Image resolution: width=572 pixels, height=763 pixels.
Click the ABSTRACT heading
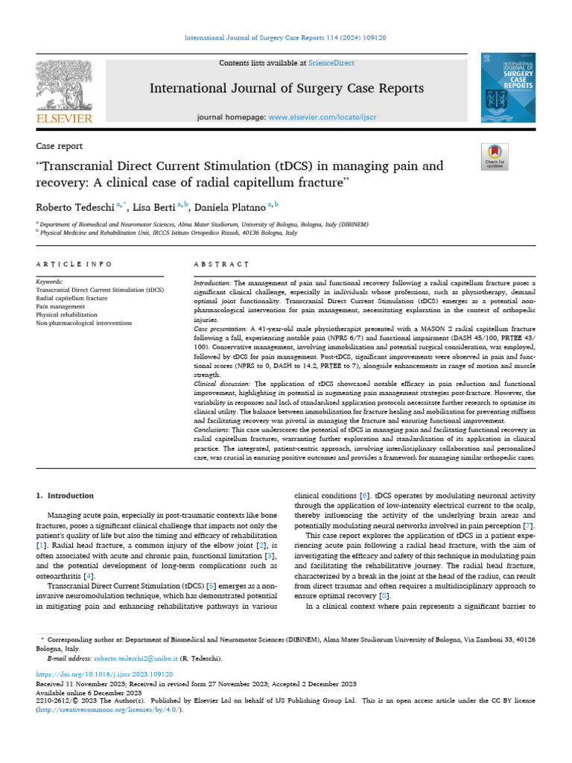(x=220, y=264)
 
